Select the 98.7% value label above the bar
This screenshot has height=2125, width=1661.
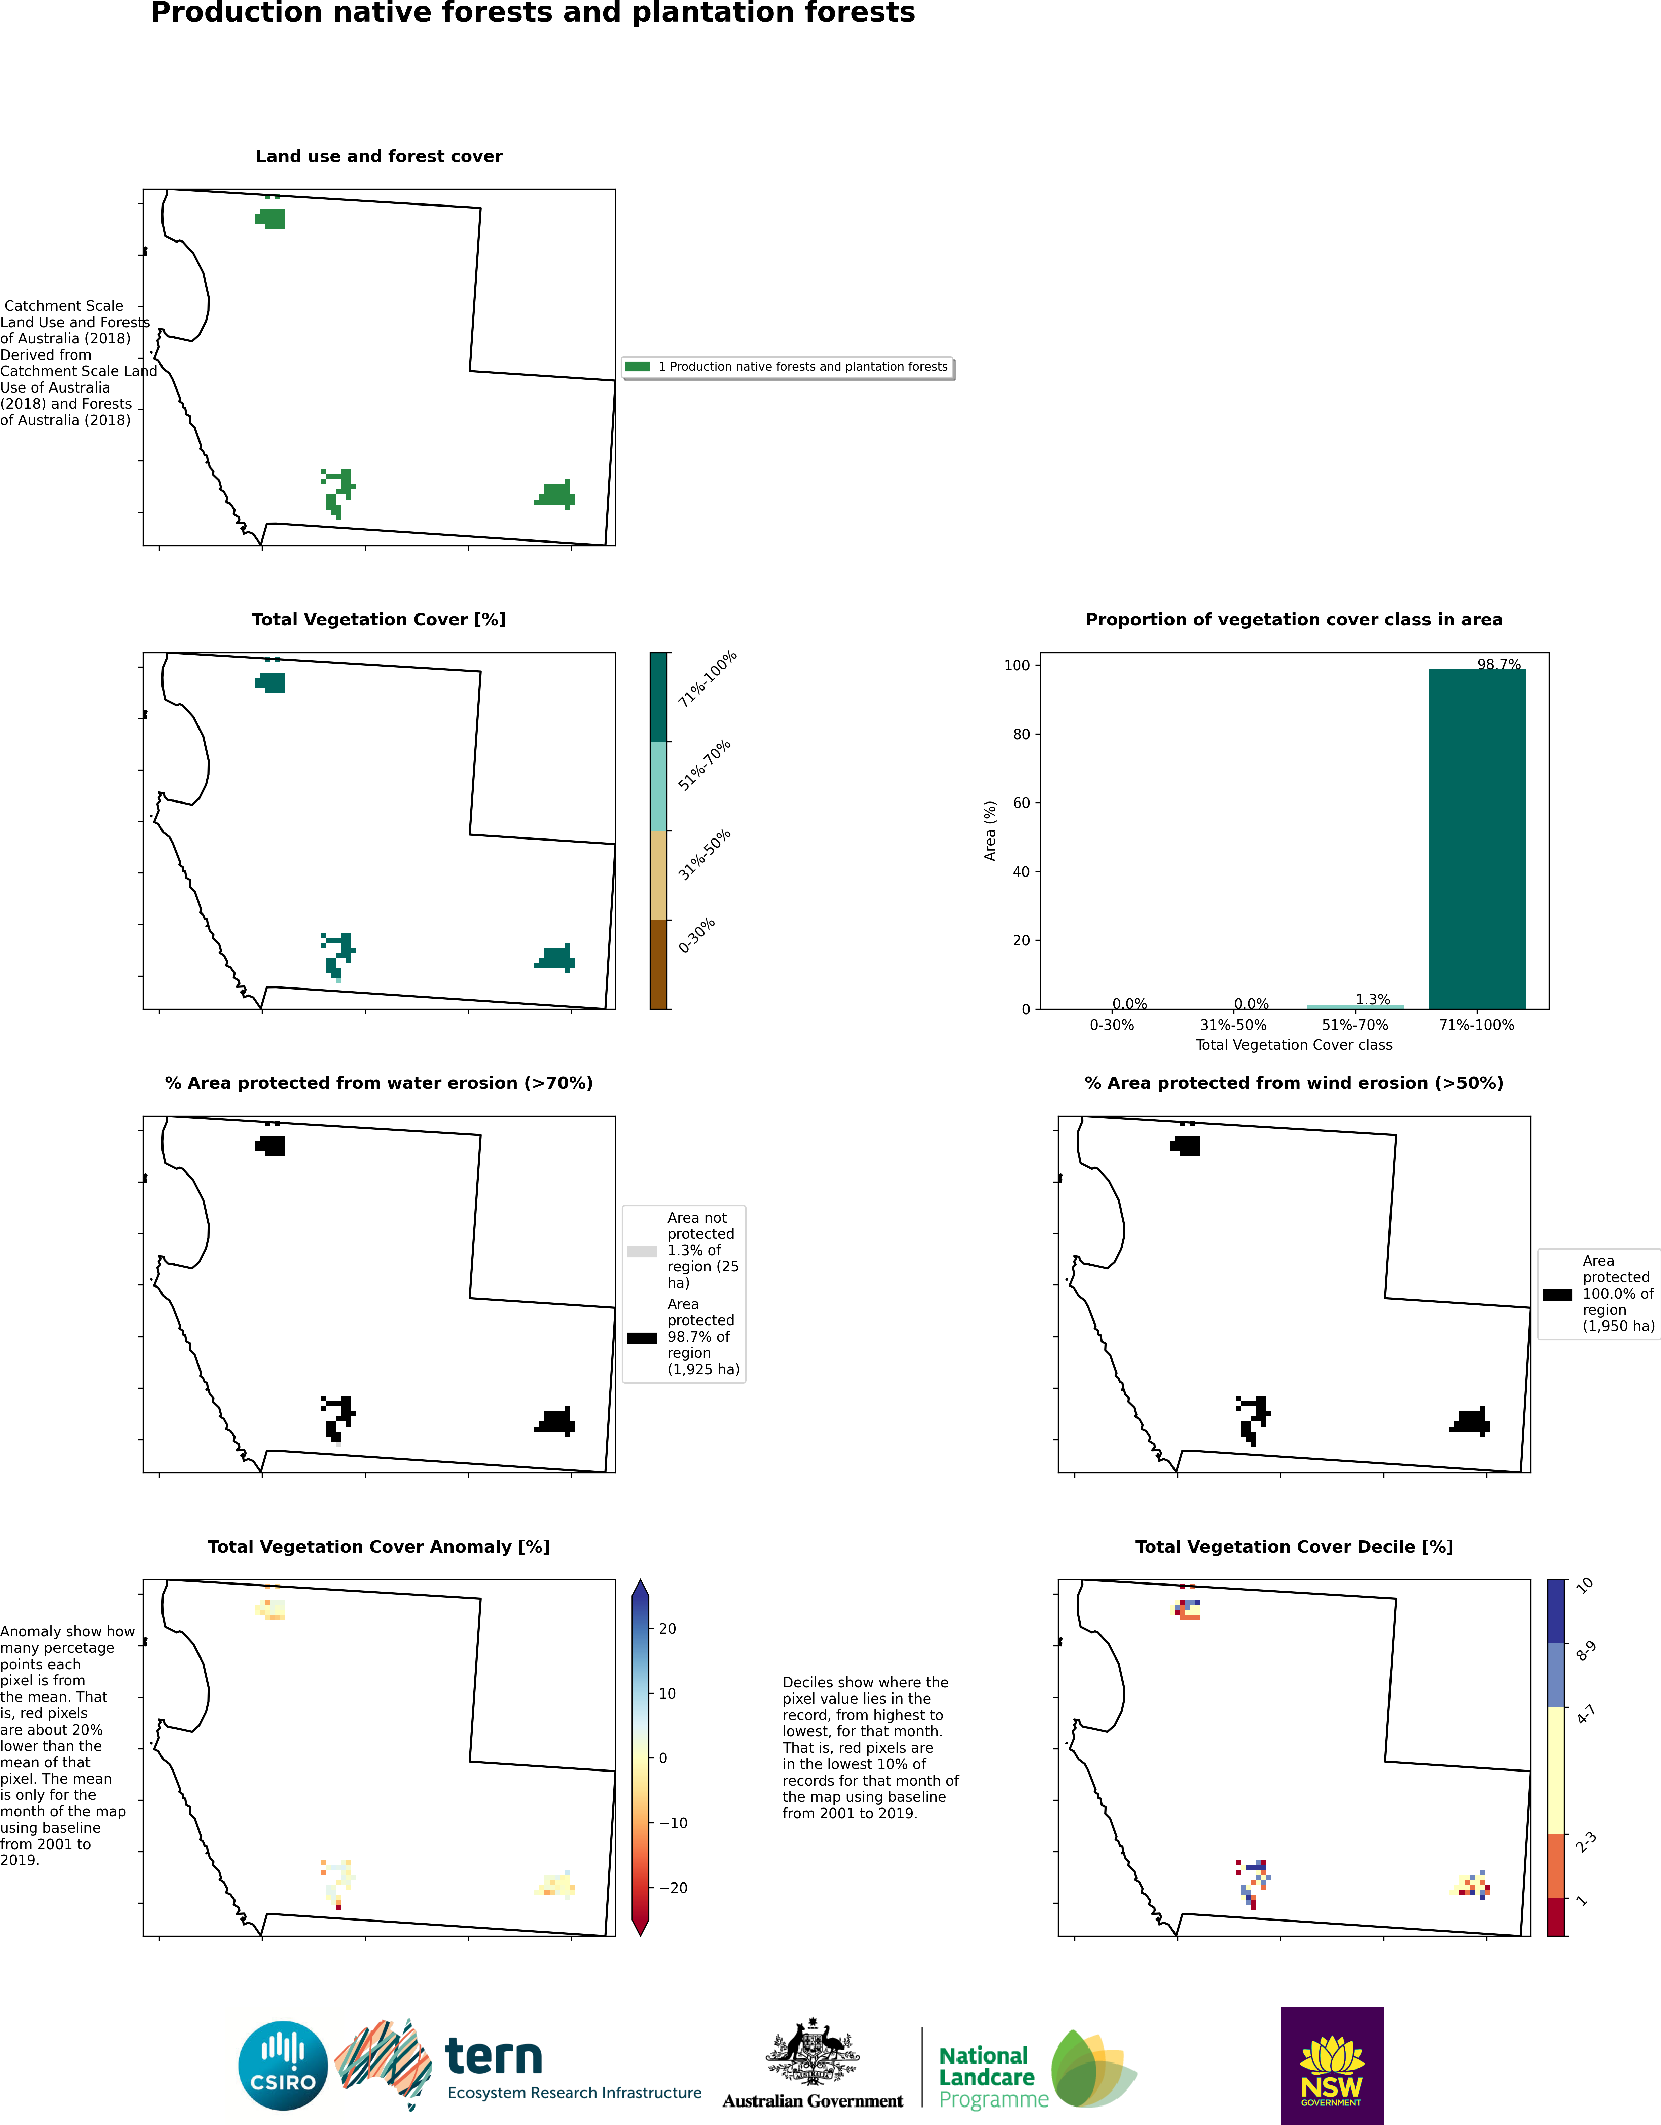tap(1498, 665)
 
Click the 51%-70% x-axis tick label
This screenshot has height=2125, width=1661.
tap(1355, 1024)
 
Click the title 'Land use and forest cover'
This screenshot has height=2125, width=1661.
tap(380, 157)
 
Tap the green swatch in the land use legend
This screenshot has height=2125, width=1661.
tap(637, 367)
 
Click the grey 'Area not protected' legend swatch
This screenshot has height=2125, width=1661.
tap(642, 1251)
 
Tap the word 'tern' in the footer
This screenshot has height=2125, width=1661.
tap(493, 2057)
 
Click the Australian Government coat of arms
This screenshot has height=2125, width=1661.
tap(813, 2051)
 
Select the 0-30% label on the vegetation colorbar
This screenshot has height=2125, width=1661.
tap(697, 935)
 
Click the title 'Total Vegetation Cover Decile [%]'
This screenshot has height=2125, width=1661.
tap(1294, 1547)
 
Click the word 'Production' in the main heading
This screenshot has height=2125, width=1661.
tap(237, 13)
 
